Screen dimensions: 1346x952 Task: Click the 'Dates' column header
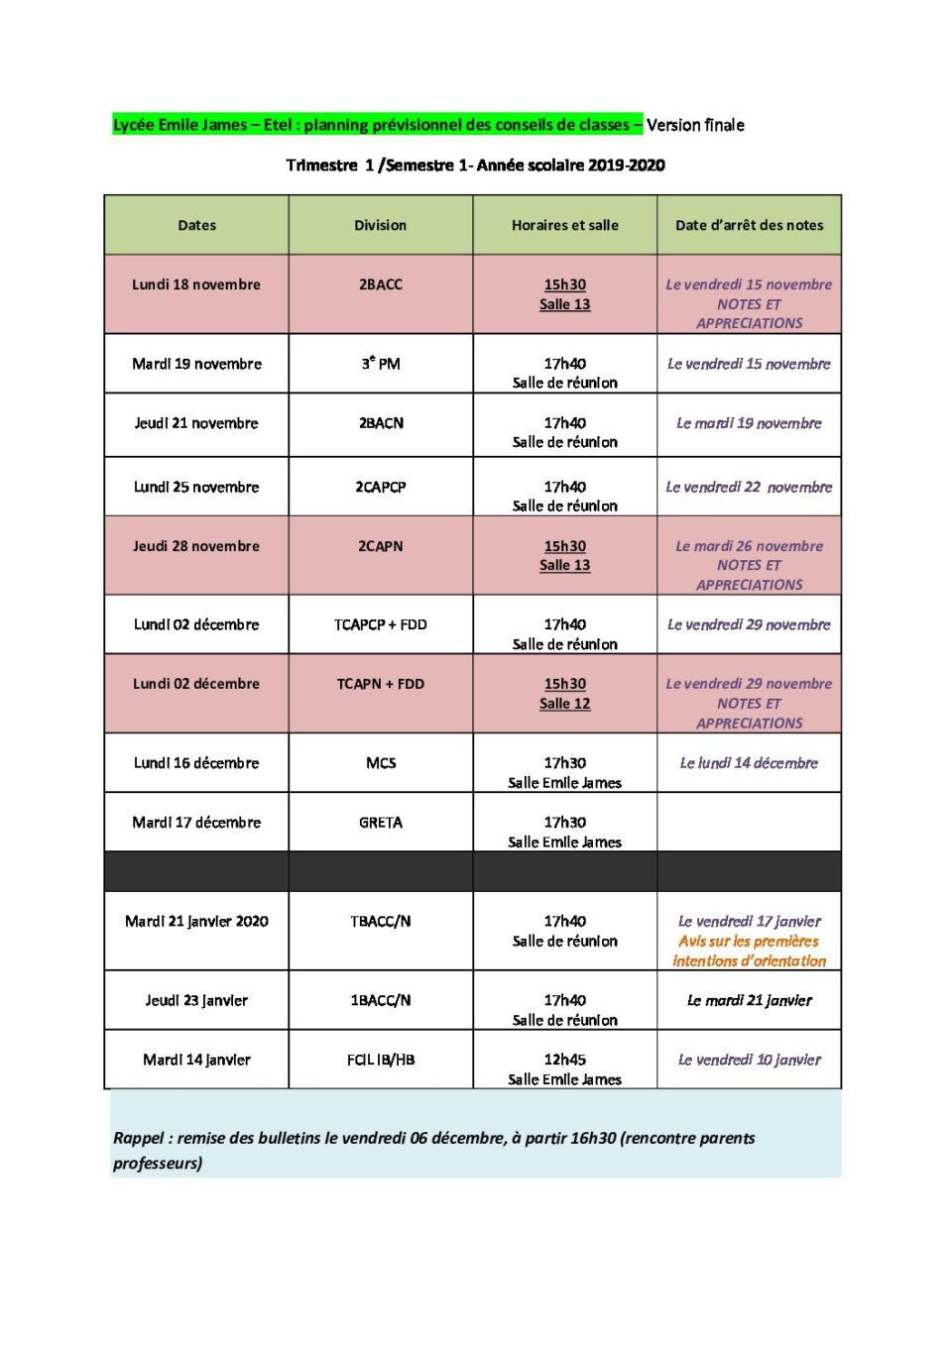click(196, 225)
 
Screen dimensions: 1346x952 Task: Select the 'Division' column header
click(381, 225)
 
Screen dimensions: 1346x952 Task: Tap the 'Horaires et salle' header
click(564, 225)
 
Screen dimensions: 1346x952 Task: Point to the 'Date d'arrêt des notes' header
click(749, 225)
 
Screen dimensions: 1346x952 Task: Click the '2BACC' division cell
click(381, 284)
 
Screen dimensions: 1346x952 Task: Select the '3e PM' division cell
click(381, 364)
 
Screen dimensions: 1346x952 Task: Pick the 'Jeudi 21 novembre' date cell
click(196, 423)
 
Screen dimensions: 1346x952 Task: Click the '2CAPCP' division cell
click(381, 487)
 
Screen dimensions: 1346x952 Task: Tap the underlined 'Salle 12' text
click(564, 704)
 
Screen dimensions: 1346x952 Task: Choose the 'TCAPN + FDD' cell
click(381, 684)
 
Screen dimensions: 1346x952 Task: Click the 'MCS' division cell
click(381, 763)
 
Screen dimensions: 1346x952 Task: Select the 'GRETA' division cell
click(381, 823)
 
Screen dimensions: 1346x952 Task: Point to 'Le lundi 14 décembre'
click(749, 763)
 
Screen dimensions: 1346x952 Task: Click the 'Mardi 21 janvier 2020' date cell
click(196, 922)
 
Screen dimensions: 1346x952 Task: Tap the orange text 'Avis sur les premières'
click(749, 942)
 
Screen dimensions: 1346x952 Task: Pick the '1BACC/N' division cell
click(381, 1000)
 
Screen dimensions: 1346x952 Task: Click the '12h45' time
click(564, 1060)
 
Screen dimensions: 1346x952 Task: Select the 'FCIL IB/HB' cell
click(381, 1060)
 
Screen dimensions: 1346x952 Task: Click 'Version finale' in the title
click(695, 125)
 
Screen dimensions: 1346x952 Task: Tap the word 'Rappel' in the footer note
click(138, 1138)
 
